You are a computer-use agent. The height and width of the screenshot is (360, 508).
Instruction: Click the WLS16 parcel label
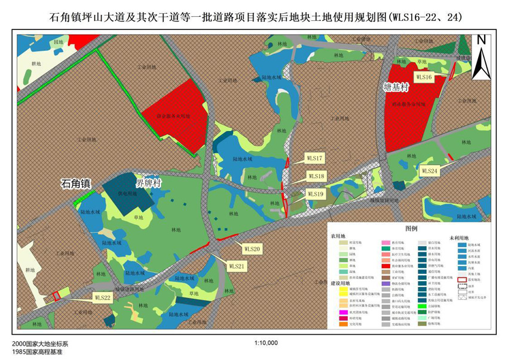[424, 78]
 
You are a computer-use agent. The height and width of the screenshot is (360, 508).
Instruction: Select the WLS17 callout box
[314, 159]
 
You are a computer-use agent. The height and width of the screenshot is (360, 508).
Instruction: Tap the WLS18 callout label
[316, 176]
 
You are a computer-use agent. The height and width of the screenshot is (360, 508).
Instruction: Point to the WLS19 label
[316, 194]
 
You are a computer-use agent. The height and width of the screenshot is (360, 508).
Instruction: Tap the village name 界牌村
[148, 183]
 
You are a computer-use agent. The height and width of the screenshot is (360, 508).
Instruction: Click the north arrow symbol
[481, 57]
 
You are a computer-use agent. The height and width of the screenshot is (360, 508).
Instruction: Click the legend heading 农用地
[339, 237]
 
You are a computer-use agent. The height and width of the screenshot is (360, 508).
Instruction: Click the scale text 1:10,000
[266, 343]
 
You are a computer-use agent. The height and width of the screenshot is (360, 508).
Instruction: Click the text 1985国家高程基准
[36, 353]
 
